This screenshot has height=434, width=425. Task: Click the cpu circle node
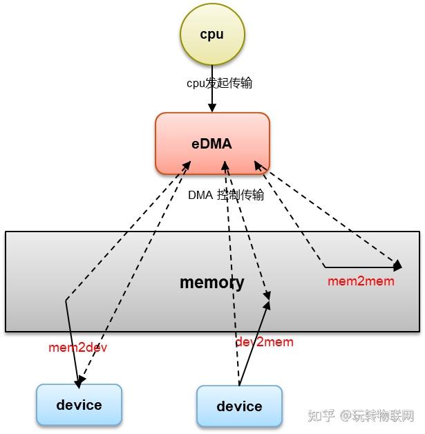[211, 35]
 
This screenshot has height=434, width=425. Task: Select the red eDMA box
[211, 144]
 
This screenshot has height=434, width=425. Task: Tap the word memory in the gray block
[211, 282]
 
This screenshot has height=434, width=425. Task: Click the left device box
[79, 404]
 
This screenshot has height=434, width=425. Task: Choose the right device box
[239, 406]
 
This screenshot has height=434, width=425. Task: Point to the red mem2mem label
[361, 281]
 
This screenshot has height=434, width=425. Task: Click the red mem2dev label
[78, 348]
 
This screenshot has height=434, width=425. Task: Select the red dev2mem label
[264, 342]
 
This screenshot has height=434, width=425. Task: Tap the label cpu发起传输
[219, 83]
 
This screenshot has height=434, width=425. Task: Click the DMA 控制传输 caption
[226, 195]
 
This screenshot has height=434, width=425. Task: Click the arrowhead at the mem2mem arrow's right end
[397, 265]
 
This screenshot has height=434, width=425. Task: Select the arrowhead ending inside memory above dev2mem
[267, 296]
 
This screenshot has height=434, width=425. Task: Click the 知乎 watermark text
[321, 416]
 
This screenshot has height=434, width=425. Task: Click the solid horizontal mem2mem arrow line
[359, 267]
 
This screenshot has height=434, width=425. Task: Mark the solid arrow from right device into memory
[252, 342]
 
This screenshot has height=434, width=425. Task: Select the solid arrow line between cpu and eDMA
[212, 97]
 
